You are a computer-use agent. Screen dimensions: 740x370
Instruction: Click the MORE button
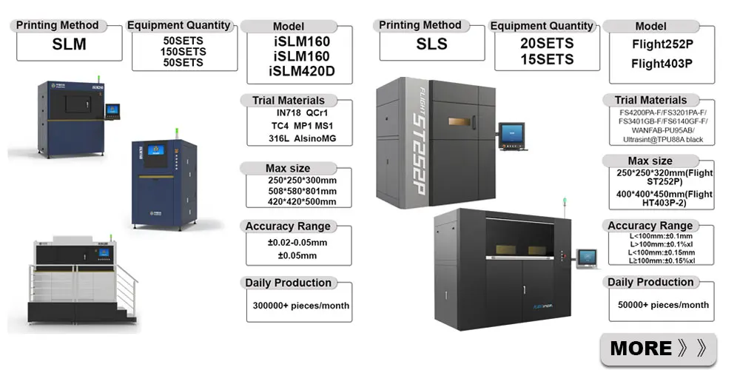tap(658, 347)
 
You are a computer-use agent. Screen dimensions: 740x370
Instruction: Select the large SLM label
tap(70, 44)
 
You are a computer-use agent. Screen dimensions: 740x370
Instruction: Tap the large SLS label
tap(432, 44)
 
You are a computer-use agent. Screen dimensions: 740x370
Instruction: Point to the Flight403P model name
tap(662, 64)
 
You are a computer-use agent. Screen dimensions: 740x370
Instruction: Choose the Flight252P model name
tap(662, 44)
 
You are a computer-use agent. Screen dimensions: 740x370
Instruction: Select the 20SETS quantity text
tap(548, 44)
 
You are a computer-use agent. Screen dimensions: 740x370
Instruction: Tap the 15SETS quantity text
tap(548, 59)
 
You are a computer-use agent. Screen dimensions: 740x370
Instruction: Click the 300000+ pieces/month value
tap(301, 306)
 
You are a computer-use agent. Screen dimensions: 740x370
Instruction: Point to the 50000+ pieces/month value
tap(663, 305)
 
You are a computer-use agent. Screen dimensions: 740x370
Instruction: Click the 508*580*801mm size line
tap(302, 192)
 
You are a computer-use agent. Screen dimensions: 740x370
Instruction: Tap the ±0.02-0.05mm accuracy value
tap(297, 242)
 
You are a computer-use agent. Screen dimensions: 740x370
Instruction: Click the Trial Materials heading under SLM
tap(289, 100)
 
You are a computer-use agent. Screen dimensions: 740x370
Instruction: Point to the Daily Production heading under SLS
tap(651, 282)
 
